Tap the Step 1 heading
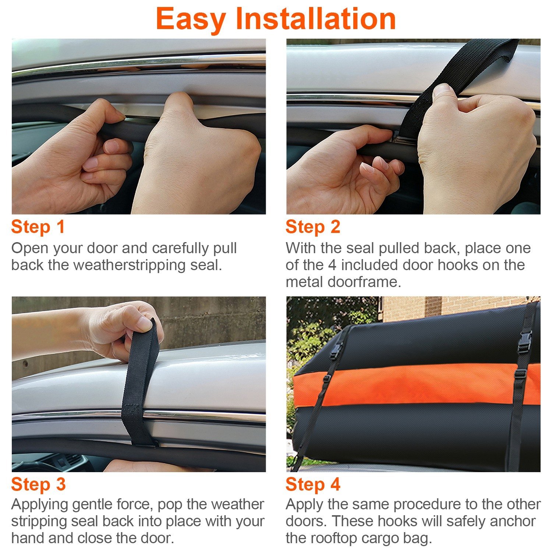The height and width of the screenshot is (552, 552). (x=38, y=227)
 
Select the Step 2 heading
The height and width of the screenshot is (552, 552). (x=313, y=227)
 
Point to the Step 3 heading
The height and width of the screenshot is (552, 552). (x=38, y=484)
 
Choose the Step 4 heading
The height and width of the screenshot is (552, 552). (x=313, y=484)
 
